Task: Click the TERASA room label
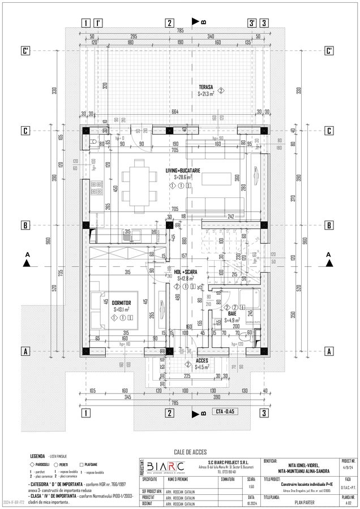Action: click(205, 87)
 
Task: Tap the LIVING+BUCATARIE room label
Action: click(182, 170)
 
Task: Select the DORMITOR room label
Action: click(121, 303)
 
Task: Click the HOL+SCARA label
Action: click(185, 272)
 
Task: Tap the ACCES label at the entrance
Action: click(202, 360)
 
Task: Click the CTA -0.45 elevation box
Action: click(225, 411)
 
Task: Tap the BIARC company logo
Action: click(166, 467)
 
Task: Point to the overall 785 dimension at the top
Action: click(179, 30)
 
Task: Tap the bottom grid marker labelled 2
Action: click(169, 412)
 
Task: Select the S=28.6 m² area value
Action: click(182, 177)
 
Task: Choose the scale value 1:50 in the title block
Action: click(251, 485)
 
